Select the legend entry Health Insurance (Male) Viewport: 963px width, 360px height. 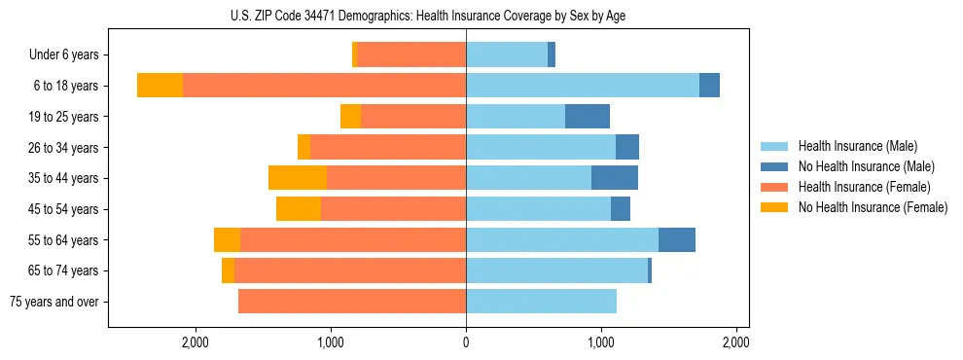click(857, 146)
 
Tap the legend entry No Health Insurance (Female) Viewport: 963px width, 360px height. click(872, 207)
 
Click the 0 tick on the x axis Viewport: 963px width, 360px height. click(466, 342)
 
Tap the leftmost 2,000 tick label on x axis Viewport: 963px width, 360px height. click(196, 342)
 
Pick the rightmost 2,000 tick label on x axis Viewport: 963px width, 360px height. click(735, 342)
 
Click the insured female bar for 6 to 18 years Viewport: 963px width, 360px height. click(324, 86)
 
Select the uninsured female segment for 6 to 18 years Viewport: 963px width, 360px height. click(160, 86)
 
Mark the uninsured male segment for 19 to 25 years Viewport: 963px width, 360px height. click(588, 117)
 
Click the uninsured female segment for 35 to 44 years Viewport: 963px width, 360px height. click(298, 178)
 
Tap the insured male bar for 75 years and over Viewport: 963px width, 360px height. click(541, 302)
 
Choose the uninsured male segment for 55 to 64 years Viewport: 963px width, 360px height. click(677, 240)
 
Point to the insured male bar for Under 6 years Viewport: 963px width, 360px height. click(507, 55)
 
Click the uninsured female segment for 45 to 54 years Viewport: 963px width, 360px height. click(299, 209)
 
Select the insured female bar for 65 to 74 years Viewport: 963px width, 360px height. click(350, 270)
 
